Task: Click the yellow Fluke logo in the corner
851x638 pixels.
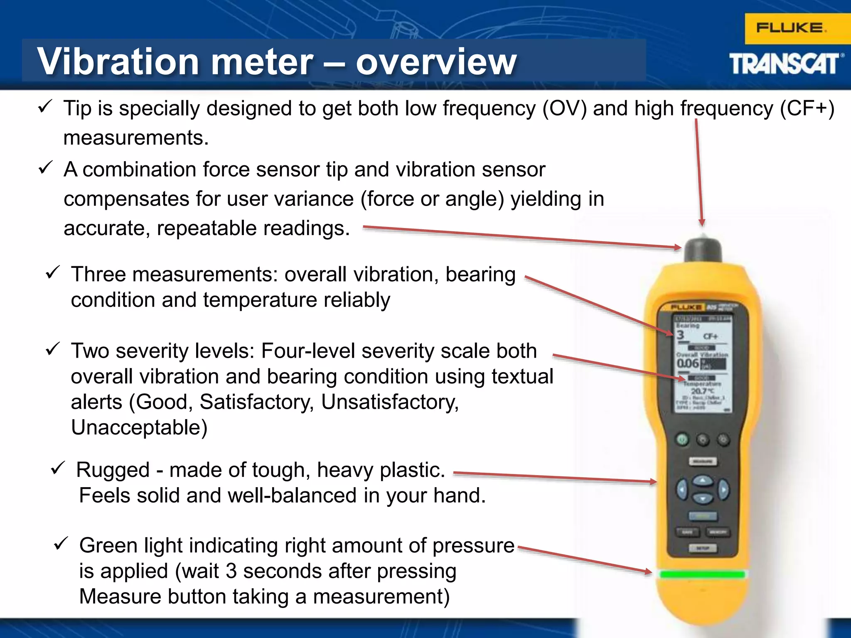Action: coord(792,28)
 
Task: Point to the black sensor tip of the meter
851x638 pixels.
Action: coord(703,249)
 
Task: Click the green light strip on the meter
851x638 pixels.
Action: coord(703,574)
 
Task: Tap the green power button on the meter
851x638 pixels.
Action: coord(682,439)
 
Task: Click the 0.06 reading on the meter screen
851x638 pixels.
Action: coord(688,363)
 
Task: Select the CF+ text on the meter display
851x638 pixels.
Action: coord(710,336)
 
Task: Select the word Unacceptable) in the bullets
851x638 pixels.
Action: coord(139,427)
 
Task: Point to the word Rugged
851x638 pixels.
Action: coord(113,470)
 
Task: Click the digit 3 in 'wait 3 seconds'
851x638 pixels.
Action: coord(231,571)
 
